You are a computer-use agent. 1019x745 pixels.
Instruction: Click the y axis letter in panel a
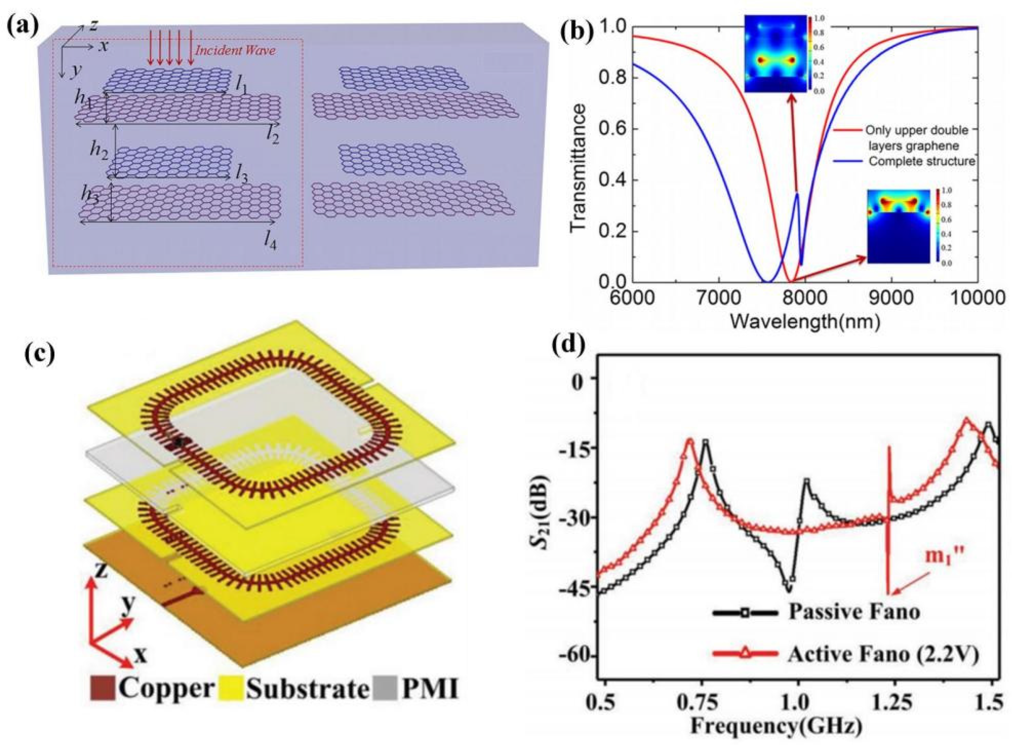click(x=71, y=72)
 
